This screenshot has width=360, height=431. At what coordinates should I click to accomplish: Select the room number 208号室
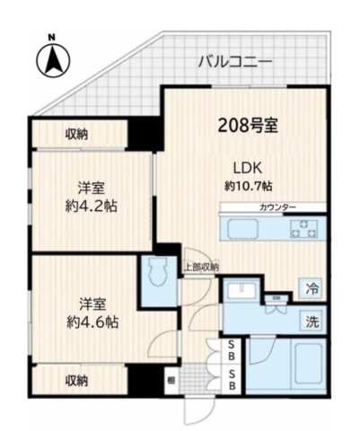(x=247, y=126)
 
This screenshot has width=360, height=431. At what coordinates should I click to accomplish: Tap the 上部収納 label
(x=202, y=266)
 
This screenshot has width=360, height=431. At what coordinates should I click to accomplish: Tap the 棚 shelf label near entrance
(x=171, y=381)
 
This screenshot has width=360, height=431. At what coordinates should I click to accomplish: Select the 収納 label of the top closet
(x=76, y=135)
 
